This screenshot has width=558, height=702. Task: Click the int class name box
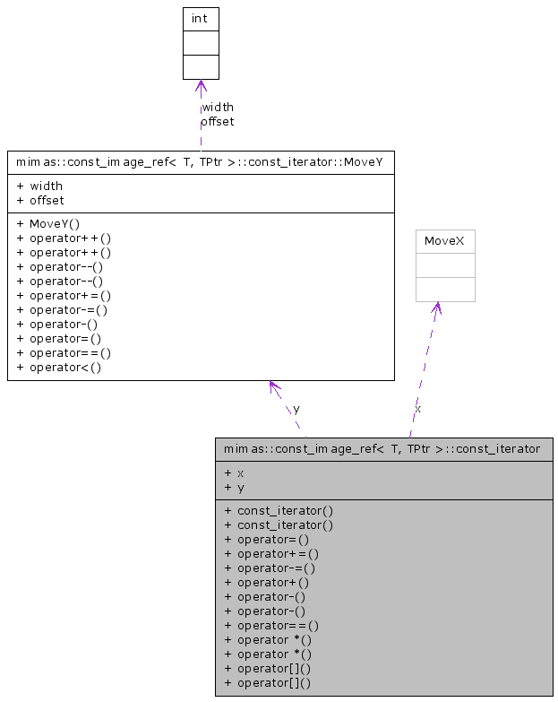click(x=201, y=19)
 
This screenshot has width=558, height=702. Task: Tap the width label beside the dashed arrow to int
click(x=218, y=107)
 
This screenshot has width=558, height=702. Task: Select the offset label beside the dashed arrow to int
click(x=217, y=121)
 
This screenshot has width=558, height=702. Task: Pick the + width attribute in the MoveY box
click(x=40, y=186)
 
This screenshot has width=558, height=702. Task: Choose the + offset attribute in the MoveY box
click(x=40, y=200)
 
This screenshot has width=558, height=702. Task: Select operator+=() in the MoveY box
click(x=64, y=295)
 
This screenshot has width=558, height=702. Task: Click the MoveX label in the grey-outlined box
click(x=445, y=241)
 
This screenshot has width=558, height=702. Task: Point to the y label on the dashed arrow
click(x=296, y=408)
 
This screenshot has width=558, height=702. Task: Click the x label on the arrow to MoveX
click(x=418, y=408)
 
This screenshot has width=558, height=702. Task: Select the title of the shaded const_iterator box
click(x=382, y=448)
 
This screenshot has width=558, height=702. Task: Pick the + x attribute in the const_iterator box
click(x=235, y=472)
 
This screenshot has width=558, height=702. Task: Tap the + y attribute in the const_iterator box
click(x=235, y=487)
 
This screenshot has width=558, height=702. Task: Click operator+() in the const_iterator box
click(x=268, y=582)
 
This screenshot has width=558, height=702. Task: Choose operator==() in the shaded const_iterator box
click(x=272, y=625)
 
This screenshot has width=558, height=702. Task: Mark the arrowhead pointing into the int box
click(x=201, y=85)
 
